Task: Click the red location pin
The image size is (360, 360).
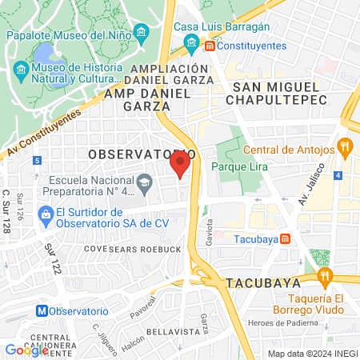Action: pyautogui.click(x=179, y=164)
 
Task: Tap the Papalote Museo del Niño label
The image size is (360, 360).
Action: pyautogui.click(x=68, y=35)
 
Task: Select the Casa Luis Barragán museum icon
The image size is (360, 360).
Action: pyautogui.click(x=191, y=42)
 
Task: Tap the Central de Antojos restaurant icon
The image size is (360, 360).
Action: pyautogui.click(x=346, y=146)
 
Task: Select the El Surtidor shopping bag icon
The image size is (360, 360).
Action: pyautogui.click(x=44, y=214)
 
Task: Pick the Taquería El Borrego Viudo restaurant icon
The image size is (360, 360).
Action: pyautogui.click(x=324, y=277)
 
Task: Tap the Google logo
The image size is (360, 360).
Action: pyautogui.click(x=26, y=350)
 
